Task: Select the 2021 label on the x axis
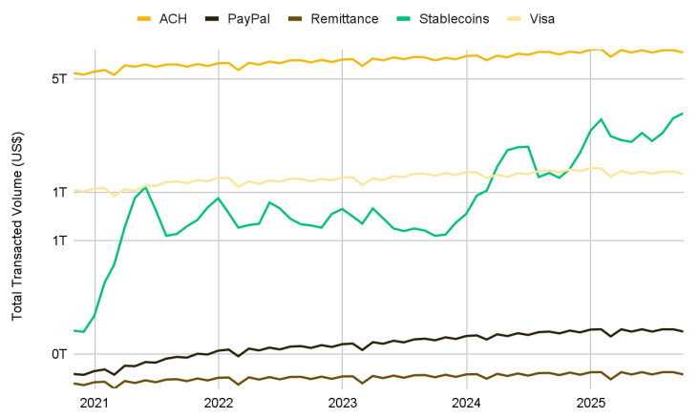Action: [x=95, y=404]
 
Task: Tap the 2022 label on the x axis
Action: [x=219, y=404]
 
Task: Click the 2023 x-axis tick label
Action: [x=343, y=404]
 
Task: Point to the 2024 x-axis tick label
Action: [x=467, y=404]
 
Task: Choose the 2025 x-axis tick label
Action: [x=591, y=404]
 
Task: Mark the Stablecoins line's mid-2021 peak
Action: [x=145, y=187]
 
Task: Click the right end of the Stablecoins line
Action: [x=683, y=114]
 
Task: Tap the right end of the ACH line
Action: [x=683, y=52]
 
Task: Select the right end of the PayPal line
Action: [x=683, y=331]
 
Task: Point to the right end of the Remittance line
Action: [x=683, y=374]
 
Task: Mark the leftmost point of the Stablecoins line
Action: [x=74, y=330]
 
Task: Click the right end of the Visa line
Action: [x=683, y=174]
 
